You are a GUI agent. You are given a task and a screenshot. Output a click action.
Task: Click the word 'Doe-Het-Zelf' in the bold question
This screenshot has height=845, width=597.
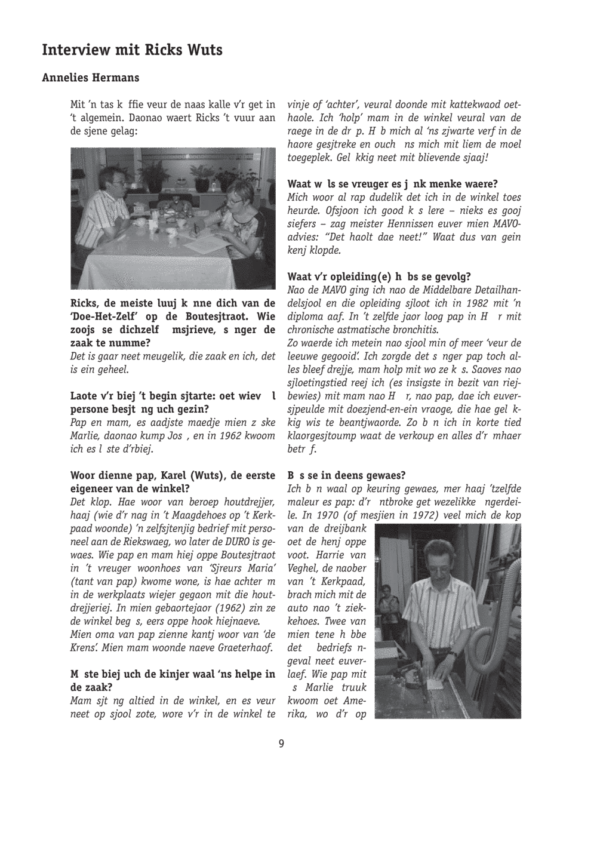pos(103,317)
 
